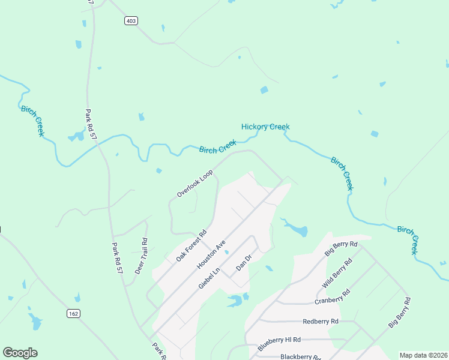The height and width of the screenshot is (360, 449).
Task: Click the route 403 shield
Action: [131, 21]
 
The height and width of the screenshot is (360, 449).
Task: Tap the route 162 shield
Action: [73, 313]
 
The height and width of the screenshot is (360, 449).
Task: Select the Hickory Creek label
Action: [265, 127]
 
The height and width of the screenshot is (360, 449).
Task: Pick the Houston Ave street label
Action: [211, 255]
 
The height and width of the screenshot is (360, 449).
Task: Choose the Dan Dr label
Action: [243, 262]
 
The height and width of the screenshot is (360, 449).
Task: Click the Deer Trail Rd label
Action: [141, 256]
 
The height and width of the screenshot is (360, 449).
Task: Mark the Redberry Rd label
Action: [321, 322]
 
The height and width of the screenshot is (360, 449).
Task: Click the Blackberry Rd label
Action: [300, 356]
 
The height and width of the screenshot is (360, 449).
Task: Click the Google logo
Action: [20, 353]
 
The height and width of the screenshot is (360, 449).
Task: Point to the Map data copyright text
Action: [423, 355]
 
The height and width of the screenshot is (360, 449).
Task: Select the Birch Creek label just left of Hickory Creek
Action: [217, 146]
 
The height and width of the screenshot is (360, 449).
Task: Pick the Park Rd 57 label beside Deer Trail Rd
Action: [117, 259]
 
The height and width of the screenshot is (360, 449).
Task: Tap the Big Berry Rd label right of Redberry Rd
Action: [400, 311]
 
